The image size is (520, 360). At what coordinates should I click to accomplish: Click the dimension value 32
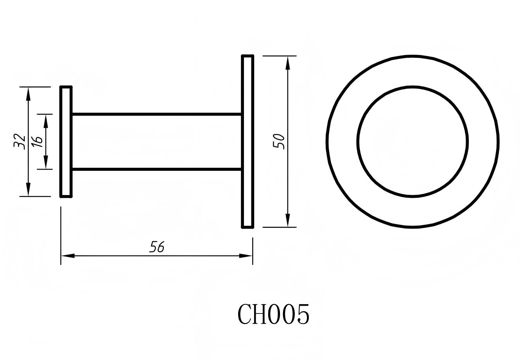pos(20,141)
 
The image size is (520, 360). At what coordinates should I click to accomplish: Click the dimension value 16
pos(38,141)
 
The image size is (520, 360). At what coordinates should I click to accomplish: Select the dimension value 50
pos(279,141)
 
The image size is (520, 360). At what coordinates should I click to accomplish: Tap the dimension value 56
pos(157,247)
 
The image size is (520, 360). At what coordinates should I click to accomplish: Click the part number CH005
pos(273,315)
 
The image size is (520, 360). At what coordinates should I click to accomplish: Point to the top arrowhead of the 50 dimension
pos(288,63)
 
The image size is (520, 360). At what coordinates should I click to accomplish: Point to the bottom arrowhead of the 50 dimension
pos(288,220)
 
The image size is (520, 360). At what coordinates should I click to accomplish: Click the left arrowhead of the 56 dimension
pos(68,256)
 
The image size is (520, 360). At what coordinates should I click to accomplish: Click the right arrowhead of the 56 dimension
pos(246,256)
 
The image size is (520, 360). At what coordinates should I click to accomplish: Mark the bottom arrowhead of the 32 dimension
pos(28,190)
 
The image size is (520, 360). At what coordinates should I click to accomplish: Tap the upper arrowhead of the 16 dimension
pos(46,121)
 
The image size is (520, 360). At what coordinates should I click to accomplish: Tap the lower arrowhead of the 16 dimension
pos(46,162)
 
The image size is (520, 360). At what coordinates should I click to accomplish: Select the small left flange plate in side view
pos(66,141)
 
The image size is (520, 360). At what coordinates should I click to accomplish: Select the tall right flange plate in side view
pos(247,141)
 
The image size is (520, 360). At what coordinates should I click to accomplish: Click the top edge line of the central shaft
pos(156,114)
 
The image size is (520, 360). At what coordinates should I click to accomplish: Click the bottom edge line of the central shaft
pos(156,169)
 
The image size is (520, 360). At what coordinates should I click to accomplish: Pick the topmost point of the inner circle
pos(412,86)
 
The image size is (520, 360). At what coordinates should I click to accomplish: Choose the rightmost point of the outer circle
pos(498,141)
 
